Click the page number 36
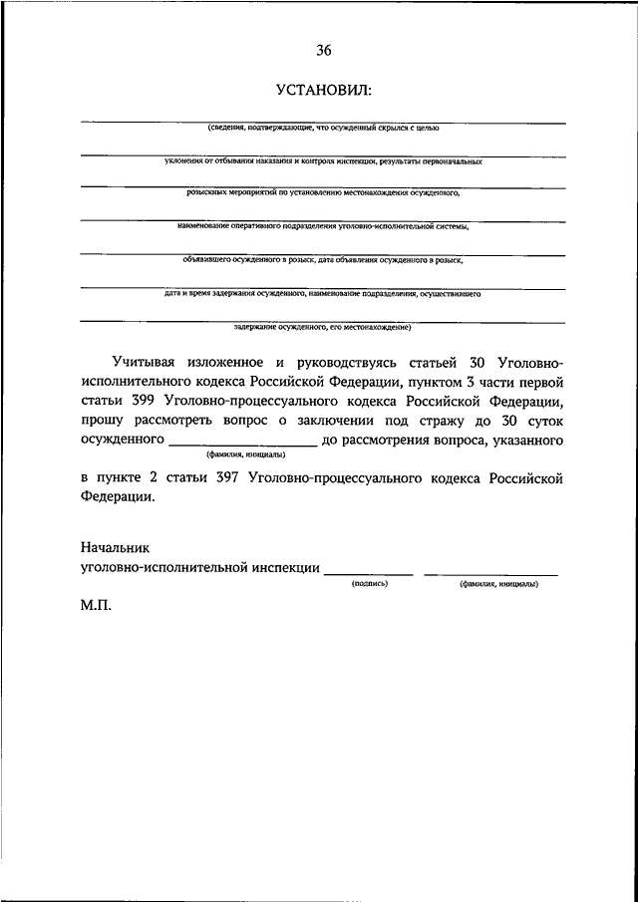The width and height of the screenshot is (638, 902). (324, 50)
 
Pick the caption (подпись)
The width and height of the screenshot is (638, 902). (369, 584)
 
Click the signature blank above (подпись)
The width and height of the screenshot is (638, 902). (369, 570)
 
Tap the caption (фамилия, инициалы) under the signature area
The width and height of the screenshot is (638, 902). (498, 584)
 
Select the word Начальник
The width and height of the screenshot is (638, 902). (114, 548)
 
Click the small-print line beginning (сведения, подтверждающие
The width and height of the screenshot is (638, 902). (323, 129)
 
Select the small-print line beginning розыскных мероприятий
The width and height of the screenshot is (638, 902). (323, 194)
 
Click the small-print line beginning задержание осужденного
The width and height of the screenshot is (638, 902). (323, 325)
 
